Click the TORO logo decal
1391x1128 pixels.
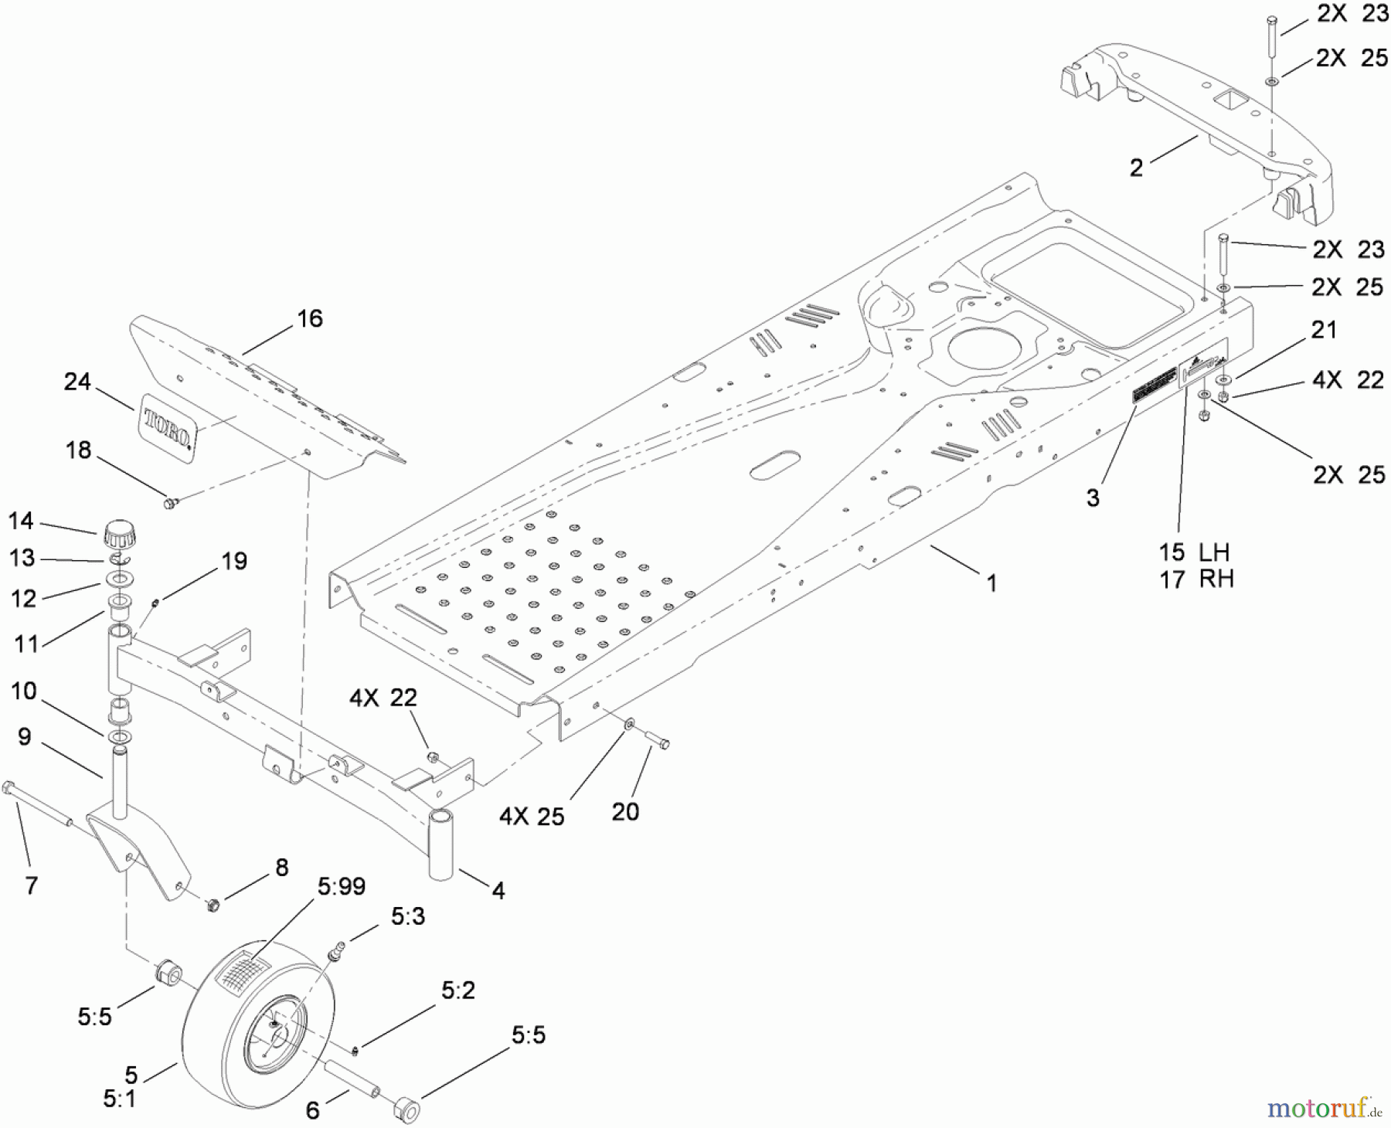click(168, 428)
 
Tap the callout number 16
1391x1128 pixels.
click(310, 318)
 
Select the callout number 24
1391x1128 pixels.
click(77, 382)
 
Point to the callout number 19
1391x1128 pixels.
click(234, 561)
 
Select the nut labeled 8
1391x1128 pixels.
click(214, 903)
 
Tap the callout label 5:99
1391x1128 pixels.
click(341, 886)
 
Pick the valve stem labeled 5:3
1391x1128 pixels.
click(338, 952)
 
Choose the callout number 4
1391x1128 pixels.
click(498, 891)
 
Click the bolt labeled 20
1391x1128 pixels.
click(658, 742)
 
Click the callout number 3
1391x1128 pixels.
click(1092, 498)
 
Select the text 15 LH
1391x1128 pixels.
click(1194, 552)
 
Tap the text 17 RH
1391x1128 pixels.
click(1196, 579)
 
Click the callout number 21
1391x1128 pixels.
click(1324, 330)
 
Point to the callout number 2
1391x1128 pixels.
click(1136, 168)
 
